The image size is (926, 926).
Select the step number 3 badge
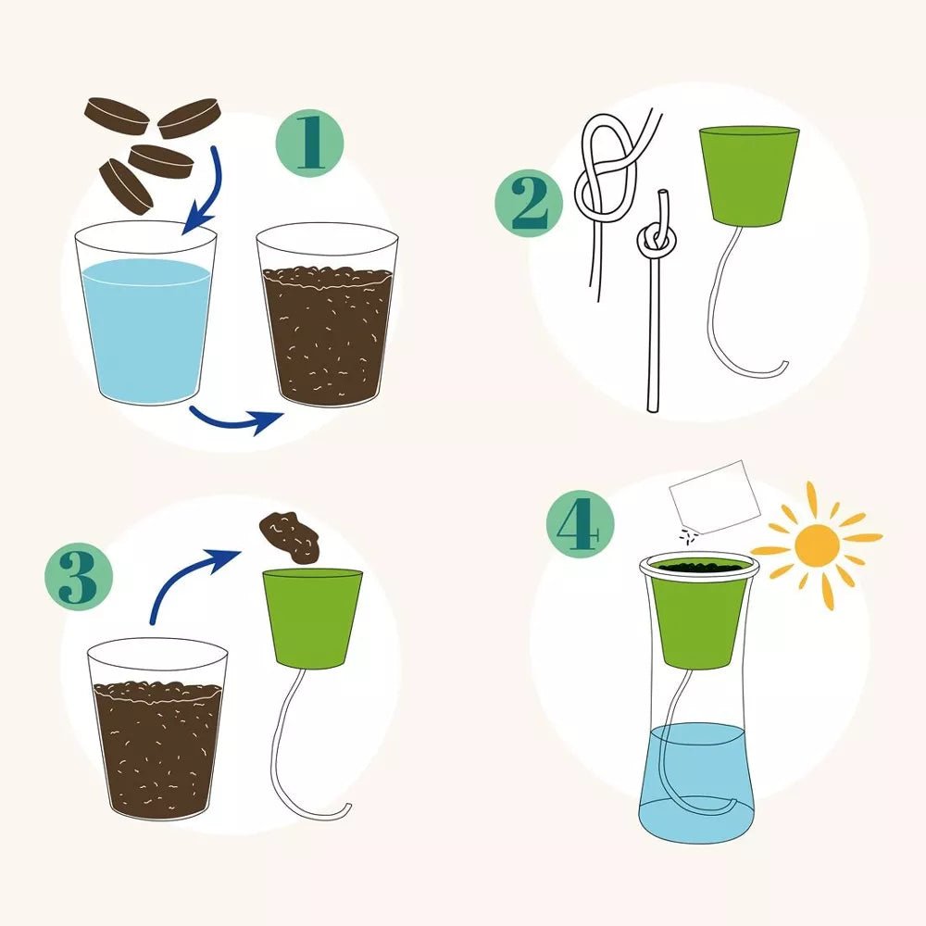coord(79,581)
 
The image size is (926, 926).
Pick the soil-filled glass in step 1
coord(326,333)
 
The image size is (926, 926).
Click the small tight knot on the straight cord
coord(656,242)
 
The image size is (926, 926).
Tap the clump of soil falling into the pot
coord(288,536)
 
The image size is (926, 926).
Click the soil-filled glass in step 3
coord(156,741)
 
